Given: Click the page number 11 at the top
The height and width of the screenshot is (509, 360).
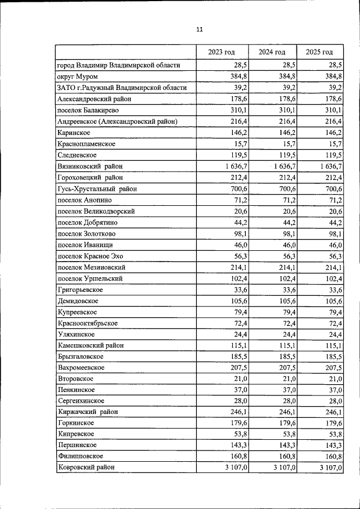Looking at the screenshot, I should coord(199,29).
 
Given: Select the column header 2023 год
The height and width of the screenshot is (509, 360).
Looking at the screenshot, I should coord(221,52).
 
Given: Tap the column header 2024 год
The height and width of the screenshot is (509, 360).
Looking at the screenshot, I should coord(272,52).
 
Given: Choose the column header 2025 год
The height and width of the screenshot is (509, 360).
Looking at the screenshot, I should coord(319,52).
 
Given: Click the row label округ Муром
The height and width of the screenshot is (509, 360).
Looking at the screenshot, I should coord(78,76).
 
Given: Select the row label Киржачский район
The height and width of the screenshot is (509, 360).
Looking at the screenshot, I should coord(88,412).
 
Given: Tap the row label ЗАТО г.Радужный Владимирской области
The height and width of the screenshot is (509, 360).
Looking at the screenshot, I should coord(121,88).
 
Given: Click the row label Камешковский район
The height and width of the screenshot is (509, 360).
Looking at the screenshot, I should coord(91,345).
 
